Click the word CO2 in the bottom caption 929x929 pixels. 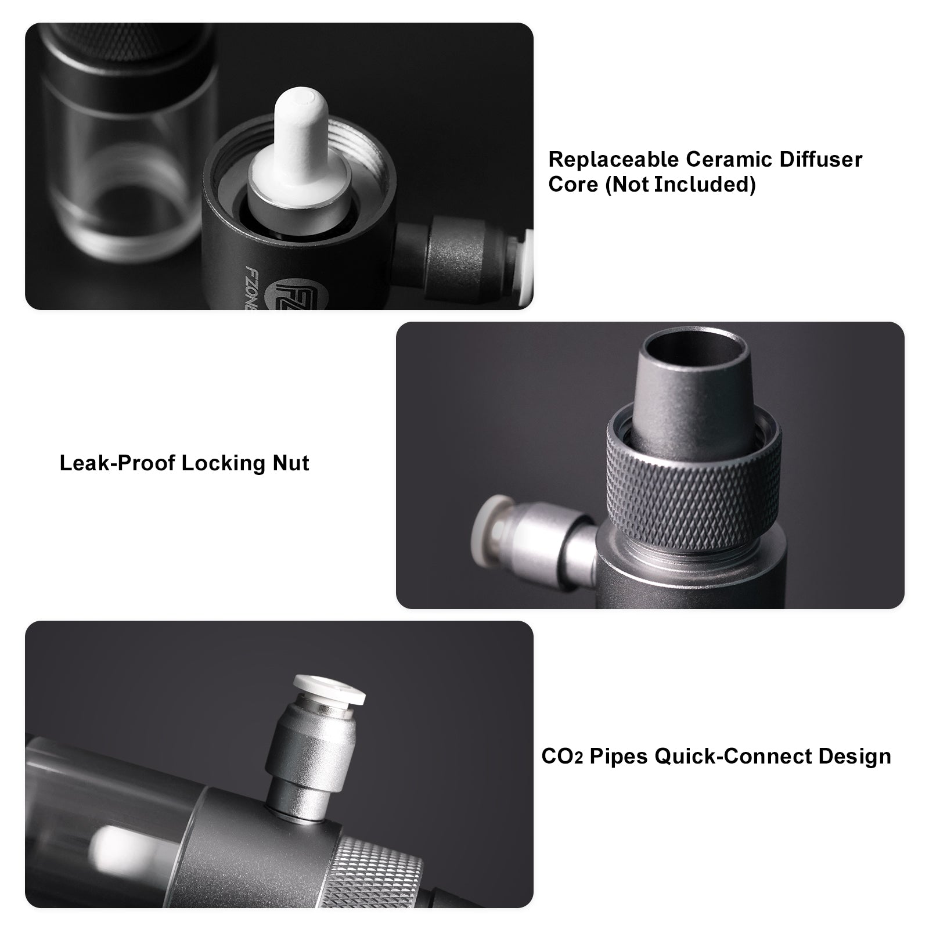tap(562, 757)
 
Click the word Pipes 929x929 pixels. tap(618, 757)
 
